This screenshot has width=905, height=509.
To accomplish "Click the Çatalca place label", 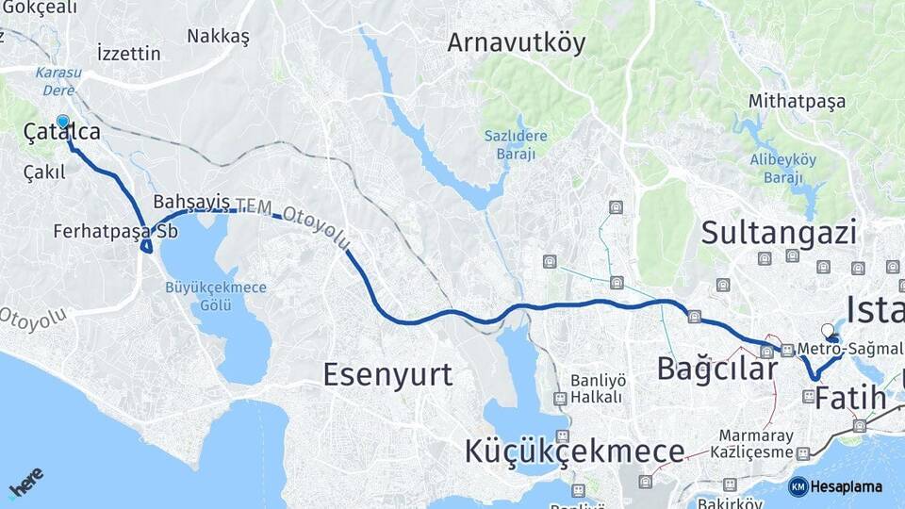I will click(62, 134).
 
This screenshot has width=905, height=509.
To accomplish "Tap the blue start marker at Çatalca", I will click(63, 122).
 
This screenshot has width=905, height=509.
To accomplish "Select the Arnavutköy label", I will click(516, 42).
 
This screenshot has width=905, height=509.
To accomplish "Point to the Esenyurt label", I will click(387, 374).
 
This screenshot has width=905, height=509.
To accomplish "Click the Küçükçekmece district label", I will click(574, 452).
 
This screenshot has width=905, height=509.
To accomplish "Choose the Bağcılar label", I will click(716, 368).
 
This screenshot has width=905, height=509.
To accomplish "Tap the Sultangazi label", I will click(779, 232).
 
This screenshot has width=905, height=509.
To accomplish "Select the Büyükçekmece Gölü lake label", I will click(216, 296).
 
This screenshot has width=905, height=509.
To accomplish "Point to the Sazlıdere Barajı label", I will click(516, 144).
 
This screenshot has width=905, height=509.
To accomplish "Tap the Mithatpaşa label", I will click(798, 101).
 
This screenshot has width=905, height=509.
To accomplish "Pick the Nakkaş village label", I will click(218, 36).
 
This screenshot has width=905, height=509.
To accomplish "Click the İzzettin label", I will click(128, 53).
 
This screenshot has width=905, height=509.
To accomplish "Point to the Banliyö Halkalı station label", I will click(598, 388).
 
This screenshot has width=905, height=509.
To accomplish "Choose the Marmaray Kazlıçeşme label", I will click(758, 444).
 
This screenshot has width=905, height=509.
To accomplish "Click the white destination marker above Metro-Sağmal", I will click(828, 330).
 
